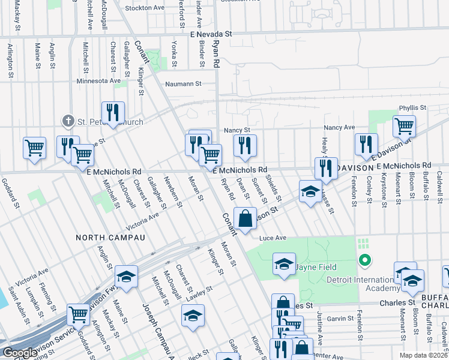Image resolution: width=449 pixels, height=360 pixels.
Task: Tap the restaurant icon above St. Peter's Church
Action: (x=113, y=112)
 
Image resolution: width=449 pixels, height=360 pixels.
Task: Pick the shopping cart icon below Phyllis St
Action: (x=405, y=127)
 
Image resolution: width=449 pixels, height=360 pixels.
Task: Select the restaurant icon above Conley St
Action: (x=366, y=144)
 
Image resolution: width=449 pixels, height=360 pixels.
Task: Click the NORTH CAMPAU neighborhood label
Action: (x=110, y=238)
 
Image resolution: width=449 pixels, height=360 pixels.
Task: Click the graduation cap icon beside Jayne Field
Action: (x=284, y=264)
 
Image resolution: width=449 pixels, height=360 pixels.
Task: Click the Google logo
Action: (x=19, y=353)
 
